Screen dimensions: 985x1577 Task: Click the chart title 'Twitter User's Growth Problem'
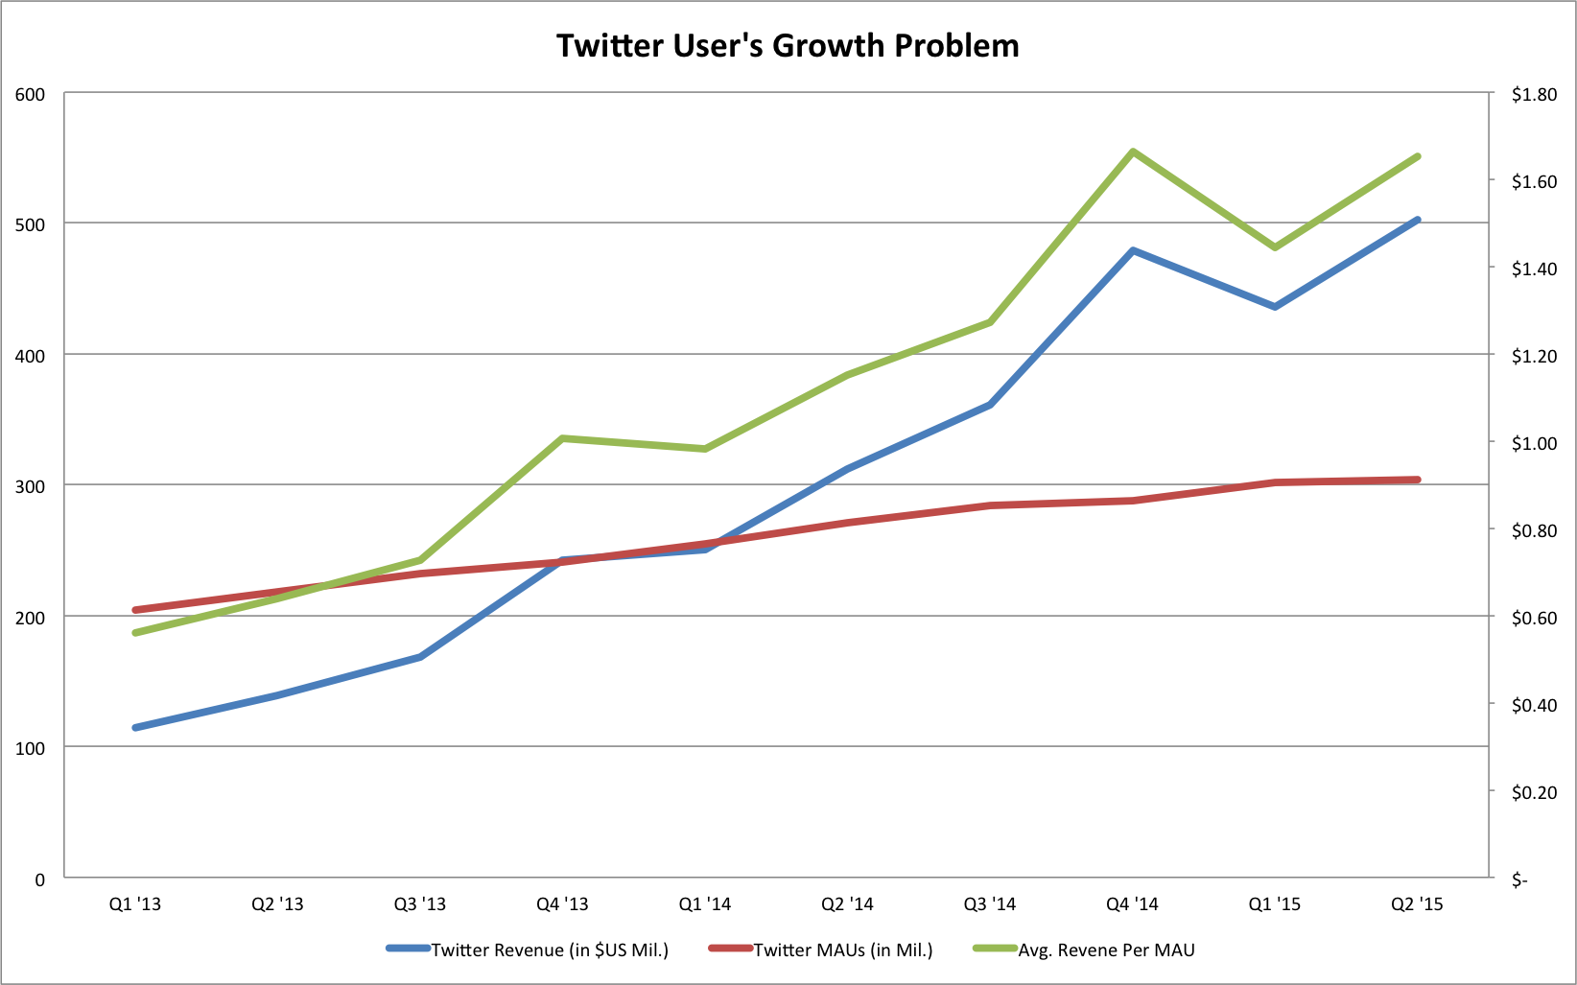pos(788,46)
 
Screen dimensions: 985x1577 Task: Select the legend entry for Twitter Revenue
pos(549,950)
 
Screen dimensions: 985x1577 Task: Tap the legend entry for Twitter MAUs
pos(842,950)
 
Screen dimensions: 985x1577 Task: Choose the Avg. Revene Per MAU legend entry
pos(1106,950)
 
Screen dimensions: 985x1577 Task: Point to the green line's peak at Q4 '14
pos(1133,152)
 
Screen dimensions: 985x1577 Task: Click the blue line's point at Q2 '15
pos(1418,220)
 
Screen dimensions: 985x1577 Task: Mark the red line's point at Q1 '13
pos(135,610)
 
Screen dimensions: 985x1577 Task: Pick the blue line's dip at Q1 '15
pos(1275,307)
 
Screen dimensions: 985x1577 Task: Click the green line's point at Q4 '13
pos(562,438)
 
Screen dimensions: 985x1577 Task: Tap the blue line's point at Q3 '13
pos(420,657)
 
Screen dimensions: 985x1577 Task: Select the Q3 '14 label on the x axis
pos(990,904)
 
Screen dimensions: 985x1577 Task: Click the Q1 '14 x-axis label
pos(705,904)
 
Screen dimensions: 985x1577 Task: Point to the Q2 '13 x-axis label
pos(277,904)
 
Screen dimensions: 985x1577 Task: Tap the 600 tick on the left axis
pos(30,94)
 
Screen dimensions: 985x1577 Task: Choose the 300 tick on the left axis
pos(30,486)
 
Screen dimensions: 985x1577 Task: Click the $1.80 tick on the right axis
pos(1534,94)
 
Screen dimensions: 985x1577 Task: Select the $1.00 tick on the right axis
pos(1534,443)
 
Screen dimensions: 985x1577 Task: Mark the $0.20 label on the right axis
pos(1534,792)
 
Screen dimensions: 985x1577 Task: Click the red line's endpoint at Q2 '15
pos(1418,480)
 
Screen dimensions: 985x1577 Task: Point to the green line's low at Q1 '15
pos(1275,247)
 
